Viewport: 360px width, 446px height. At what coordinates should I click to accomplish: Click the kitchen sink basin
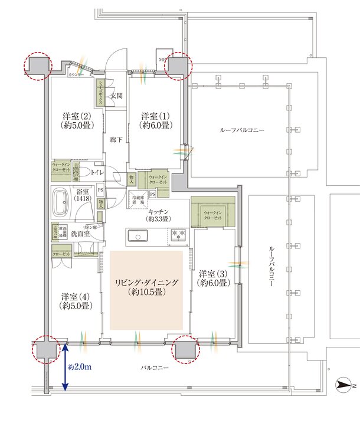pos(138,237)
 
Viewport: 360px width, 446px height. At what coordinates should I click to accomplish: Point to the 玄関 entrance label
pos(116,96)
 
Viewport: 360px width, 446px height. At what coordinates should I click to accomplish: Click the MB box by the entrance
pos(163,60)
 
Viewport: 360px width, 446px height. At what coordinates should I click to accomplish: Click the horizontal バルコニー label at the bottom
pos(155,368)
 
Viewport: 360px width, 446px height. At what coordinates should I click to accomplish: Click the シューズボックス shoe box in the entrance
pos(101,92)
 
